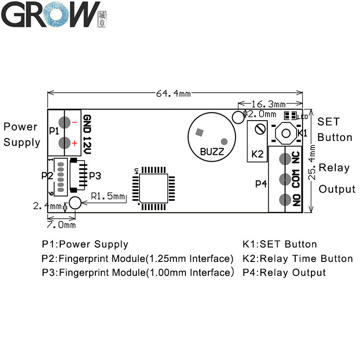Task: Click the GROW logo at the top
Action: click(54, 15)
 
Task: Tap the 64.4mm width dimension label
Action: click(173, 93)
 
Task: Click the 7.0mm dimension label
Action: click(61, 224)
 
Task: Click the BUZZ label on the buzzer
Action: click(211, 152)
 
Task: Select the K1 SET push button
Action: click(285, 132)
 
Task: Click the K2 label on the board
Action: click(257, 153)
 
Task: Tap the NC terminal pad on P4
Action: click(284, 159)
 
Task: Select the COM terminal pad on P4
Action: click(284, 179)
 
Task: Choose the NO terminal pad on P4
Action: click(284, 199)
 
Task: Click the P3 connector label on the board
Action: click(95, 175)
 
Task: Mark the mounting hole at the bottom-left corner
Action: click(75, 203)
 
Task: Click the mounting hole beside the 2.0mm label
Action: click(238, 117)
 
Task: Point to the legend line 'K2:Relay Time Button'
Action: click(297, 258)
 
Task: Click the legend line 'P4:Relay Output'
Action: click(284, 272)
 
